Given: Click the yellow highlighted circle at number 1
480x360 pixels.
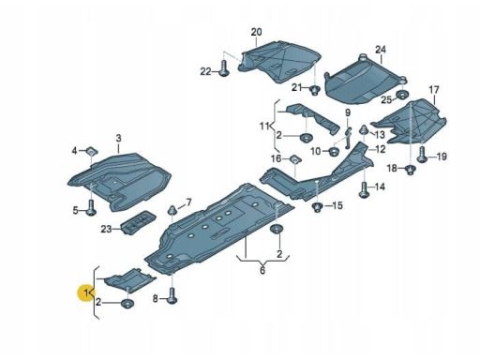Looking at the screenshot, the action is pyautogui.click(x=86, y=292).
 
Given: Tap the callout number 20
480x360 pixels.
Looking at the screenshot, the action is pyautogui.click(x=256, y=32).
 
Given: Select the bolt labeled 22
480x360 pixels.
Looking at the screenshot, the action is pyautogui.click(x=224, y=68).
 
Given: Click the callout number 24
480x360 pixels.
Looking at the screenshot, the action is pyautogui.click(x=381, y=50).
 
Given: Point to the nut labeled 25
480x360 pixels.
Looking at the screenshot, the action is pyautogui.click(x=402, y=95).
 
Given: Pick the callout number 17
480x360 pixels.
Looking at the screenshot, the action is pyautogui.click(x=434, y=90).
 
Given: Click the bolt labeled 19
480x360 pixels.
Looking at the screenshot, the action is pyautogui.click(x=422, y=155).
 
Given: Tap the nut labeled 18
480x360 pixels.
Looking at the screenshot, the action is pyautogui.click(x=410, y=170).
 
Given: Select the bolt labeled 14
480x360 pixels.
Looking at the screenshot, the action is pyautogui.click(x=365, y=189).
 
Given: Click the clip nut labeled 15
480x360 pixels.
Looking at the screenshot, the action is pyautogui.click(x=317, y=207).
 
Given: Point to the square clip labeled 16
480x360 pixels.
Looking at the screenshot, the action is pyautogui.click(x=294, y=159).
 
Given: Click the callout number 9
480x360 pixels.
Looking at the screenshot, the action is pyautogui.click(x=348, y=112).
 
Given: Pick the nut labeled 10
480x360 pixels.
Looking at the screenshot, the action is pyautogui.click(x=335, y=152).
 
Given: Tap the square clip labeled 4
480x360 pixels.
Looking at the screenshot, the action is pyautogui.click(x=92, y=152).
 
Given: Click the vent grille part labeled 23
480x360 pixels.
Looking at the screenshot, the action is pyautogui.click(x=138, y=222).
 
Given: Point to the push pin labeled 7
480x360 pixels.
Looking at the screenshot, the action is pyautogui.click(x=172, y=210).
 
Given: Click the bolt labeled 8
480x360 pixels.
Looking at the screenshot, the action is pyautogui.click(x=172, y=295).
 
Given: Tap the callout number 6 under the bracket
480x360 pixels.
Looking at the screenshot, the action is pyautogui.click(x=262, y=270).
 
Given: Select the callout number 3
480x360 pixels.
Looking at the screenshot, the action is pyautogui.click(x=118, y=138).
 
